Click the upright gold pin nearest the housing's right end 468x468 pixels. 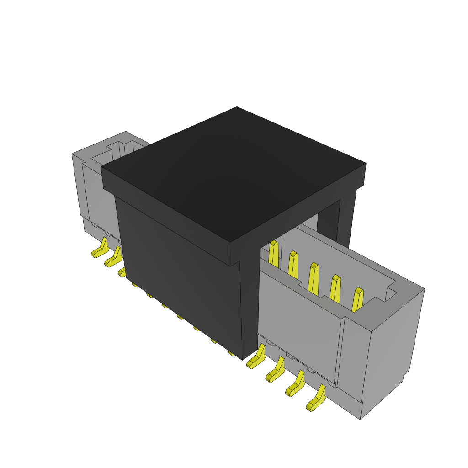[357, 300]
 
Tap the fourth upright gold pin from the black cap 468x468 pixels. [335, 289]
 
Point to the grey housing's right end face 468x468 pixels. [391, 347]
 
